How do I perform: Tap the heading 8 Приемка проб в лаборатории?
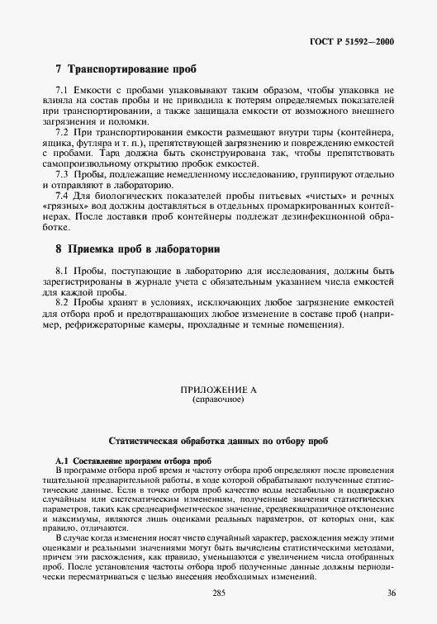(x=137, y=248)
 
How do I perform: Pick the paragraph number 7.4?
(x=61, y=197)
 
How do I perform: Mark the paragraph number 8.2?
(x=61, y=303)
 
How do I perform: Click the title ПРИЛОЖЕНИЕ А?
(x=218, y=389)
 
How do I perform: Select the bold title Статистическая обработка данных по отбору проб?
(x=218, y=442)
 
